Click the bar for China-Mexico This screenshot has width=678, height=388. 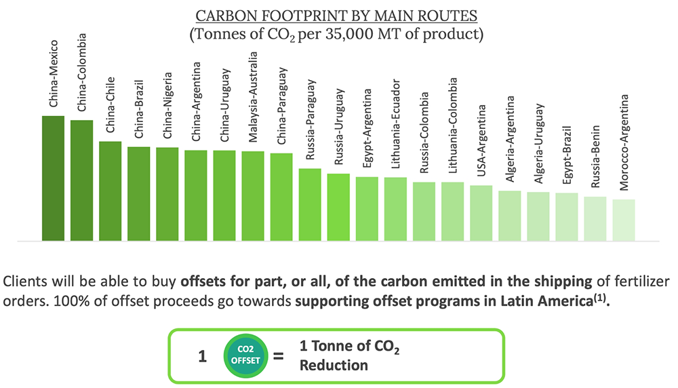click(53, 178)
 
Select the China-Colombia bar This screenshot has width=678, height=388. click(82, 180)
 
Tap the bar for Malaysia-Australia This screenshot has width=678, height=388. click(253, 196)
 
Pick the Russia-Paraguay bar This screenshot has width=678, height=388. click(310, 205)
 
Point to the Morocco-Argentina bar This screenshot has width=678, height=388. click(624, 220)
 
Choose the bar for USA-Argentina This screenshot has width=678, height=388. click(481, 213)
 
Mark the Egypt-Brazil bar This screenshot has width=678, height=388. click(567, 216)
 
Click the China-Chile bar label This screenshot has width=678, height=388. click(111, 104)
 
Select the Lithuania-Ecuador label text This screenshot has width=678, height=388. click(396, 123)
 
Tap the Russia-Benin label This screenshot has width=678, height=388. click(595, 157)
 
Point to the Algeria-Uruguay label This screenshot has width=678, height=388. click(538, 144)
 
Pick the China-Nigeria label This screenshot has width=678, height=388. click(167, 105)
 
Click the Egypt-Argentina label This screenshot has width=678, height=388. click(367, 128)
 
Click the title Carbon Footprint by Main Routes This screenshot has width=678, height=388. click(336, 16)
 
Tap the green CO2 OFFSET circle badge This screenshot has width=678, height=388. click(245, 355)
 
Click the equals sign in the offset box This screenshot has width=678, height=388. click(279, 356)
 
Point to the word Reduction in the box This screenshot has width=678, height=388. click(334, 366)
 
